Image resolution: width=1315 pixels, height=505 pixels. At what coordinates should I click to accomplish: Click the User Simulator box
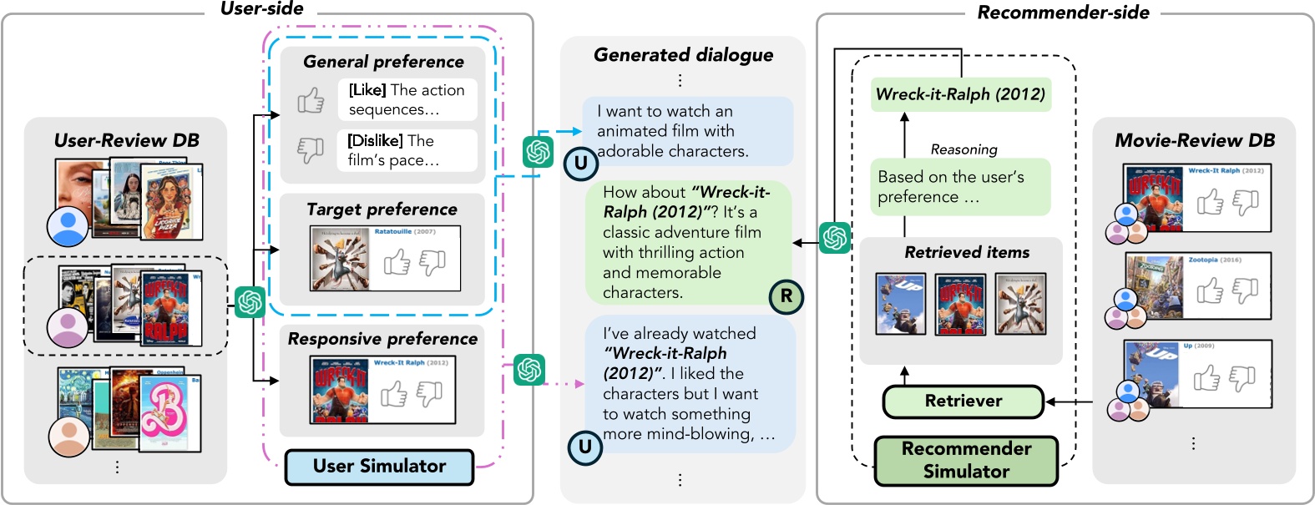379,467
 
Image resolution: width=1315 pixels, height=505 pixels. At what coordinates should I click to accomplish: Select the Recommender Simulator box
966,460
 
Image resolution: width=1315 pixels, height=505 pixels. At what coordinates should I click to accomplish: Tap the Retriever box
963,401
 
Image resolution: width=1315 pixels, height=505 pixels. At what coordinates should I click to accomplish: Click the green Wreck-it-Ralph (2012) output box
960,94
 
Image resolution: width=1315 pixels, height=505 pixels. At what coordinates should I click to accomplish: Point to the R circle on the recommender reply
786,295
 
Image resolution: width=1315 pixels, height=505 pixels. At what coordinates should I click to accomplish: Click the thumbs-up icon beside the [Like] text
311,100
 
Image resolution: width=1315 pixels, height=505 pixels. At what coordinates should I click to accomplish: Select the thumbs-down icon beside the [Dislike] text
311,149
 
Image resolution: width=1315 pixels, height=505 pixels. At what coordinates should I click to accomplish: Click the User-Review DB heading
126,140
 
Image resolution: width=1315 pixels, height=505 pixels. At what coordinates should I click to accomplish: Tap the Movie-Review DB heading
1195,140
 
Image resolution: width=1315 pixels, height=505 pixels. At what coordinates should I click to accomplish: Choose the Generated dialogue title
683,55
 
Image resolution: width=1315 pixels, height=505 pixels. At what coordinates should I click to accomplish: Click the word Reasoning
963,149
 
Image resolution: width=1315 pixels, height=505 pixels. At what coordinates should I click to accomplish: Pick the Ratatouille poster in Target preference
340,260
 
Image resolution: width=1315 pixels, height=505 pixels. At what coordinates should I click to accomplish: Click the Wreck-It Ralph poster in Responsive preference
340,390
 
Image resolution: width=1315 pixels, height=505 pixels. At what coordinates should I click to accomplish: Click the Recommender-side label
1063,13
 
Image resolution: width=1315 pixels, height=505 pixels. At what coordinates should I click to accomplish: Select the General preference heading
383,62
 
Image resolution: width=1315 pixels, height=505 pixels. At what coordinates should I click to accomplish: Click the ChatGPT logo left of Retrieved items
834,238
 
